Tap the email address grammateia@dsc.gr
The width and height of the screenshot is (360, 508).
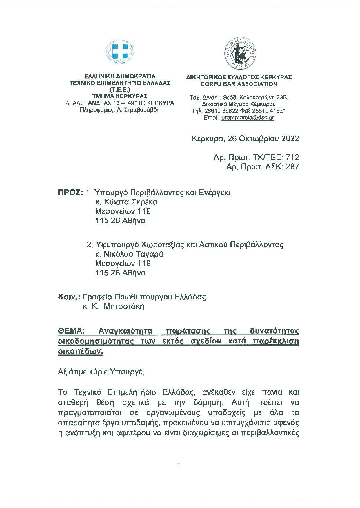point(248,118)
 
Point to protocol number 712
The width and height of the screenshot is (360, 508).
point(292,157)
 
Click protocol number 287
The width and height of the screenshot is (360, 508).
point(292,167)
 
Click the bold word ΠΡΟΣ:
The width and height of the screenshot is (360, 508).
point(71,193)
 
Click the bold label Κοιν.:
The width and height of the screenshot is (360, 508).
point(69,297)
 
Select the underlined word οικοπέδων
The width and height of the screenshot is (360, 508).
point(81,351)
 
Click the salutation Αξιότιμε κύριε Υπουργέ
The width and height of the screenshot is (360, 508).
point(101,372)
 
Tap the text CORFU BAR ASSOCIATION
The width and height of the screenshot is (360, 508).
point(239,84)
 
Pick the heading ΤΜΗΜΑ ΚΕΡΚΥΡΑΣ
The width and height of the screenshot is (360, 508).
point(120,96)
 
